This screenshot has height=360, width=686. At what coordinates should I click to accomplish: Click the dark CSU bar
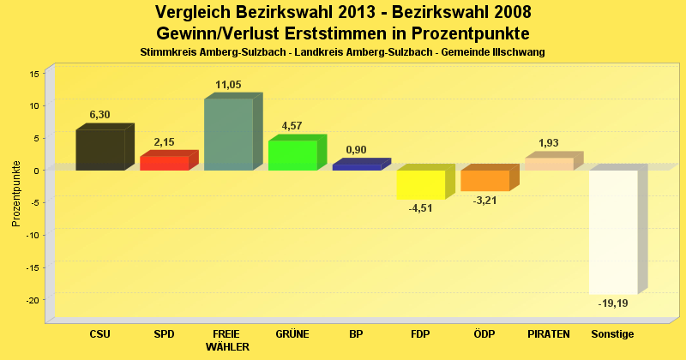point(100,150)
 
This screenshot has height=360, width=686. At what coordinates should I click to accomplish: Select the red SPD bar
point(164,163)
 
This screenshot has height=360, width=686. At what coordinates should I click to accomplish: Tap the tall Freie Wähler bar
point(228,135)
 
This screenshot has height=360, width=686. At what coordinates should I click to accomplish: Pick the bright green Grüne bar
point(292,155)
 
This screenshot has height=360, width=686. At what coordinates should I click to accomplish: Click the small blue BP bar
point(356,167)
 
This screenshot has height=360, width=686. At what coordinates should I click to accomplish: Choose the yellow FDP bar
point(420,184)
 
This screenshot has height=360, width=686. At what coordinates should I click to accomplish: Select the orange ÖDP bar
point(484,180)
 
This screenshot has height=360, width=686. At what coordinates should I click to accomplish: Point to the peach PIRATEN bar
point(549,164)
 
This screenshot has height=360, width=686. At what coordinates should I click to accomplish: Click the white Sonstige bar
point(613,231)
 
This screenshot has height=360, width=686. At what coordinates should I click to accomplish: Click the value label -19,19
point(612,303)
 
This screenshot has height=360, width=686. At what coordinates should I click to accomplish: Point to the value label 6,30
point(100,114)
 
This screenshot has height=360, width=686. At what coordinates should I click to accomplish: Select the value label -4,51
point(421,208)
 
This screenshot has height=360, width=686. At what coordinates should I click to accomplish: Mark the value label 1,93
point(549,142)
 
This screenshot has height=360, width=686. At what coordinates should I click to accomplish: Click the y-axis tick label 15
point(34,74)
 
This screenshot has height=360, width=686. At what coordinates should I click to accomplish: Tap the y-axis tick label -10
point(32,235)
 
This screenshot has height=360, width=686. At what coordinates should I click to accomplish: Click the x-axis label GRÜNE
point(292,333)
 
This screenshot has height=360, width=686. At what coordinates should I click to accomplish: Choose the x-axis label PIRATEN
point(549,333)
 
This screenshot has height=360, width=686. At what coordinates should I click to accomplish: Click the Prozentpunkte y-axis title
point(16,193)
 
